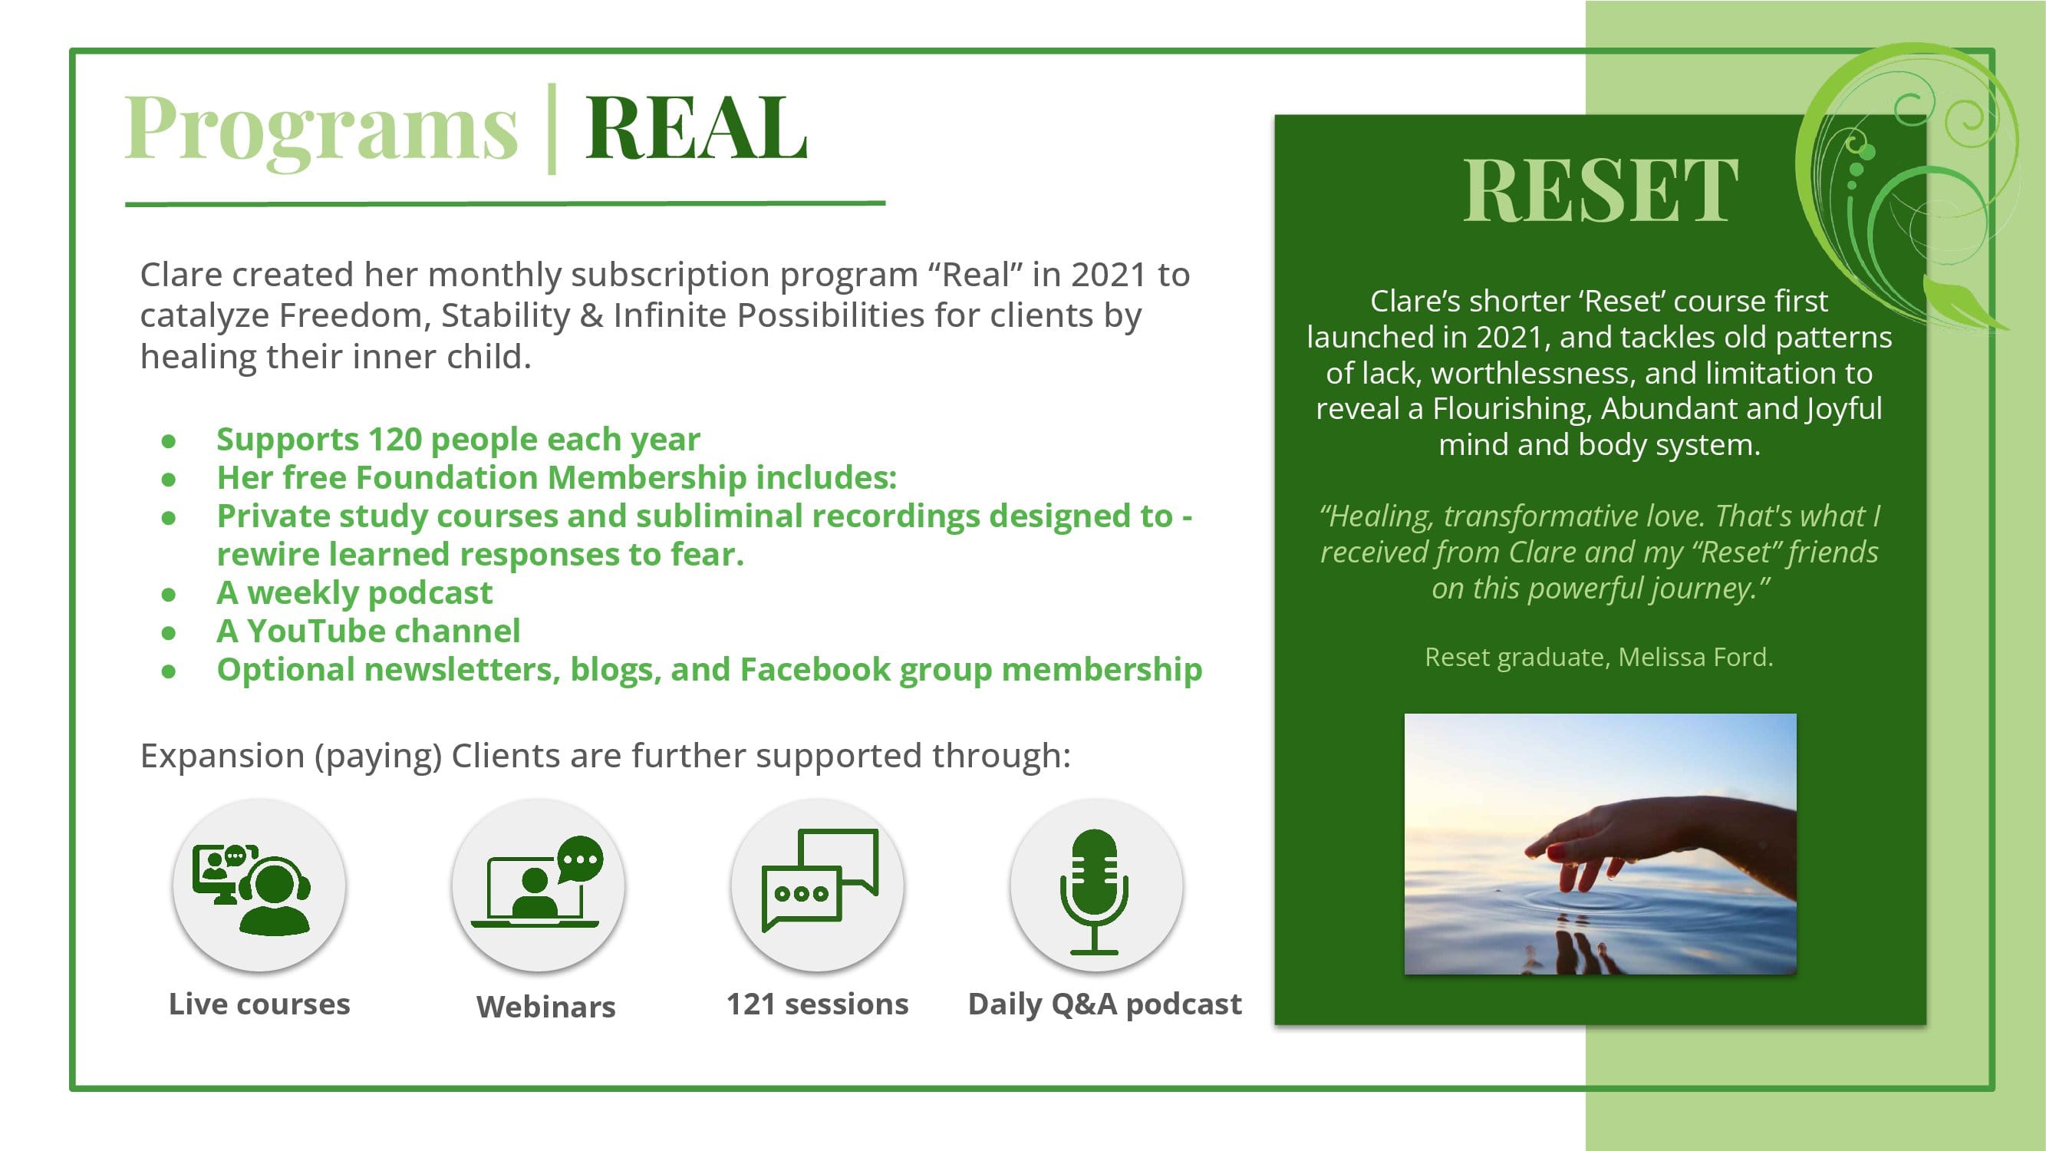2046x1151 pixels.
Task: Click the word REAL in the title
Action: point(697,127)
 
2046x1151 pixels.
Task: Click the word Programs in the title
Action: point(321,131)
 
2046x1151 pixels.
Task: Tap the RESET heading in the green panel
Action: point(1600,190)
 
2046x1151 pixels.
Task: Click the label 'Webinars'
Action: point(546,1007)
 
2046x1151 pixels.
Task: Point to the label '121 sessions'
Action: point(817,1004)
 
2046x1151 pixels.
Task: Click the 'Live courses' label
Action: point(259,1004)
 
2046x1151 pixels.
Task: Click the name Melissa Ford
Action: point(1695,657)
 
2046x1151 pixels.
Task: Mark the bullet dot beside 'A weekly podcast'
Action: point(168,594)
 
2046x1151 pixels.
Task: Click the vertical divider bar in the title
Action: point(552,129)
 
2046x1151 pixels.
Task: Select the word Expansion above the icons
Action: point(222,755)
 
